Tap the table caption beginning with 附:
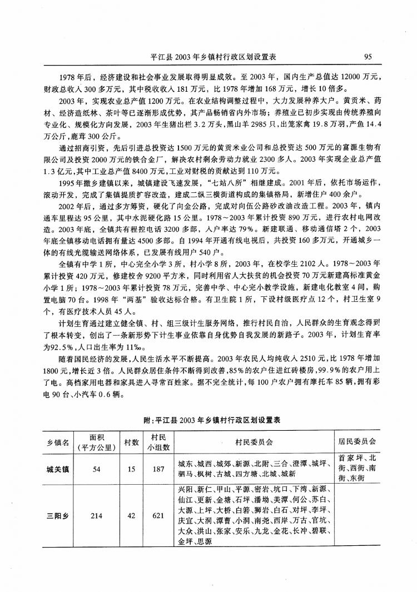pyautogui.click(x=208, y=421)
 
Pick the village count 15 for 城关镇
pyautogui.click(x=131, y=469)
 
